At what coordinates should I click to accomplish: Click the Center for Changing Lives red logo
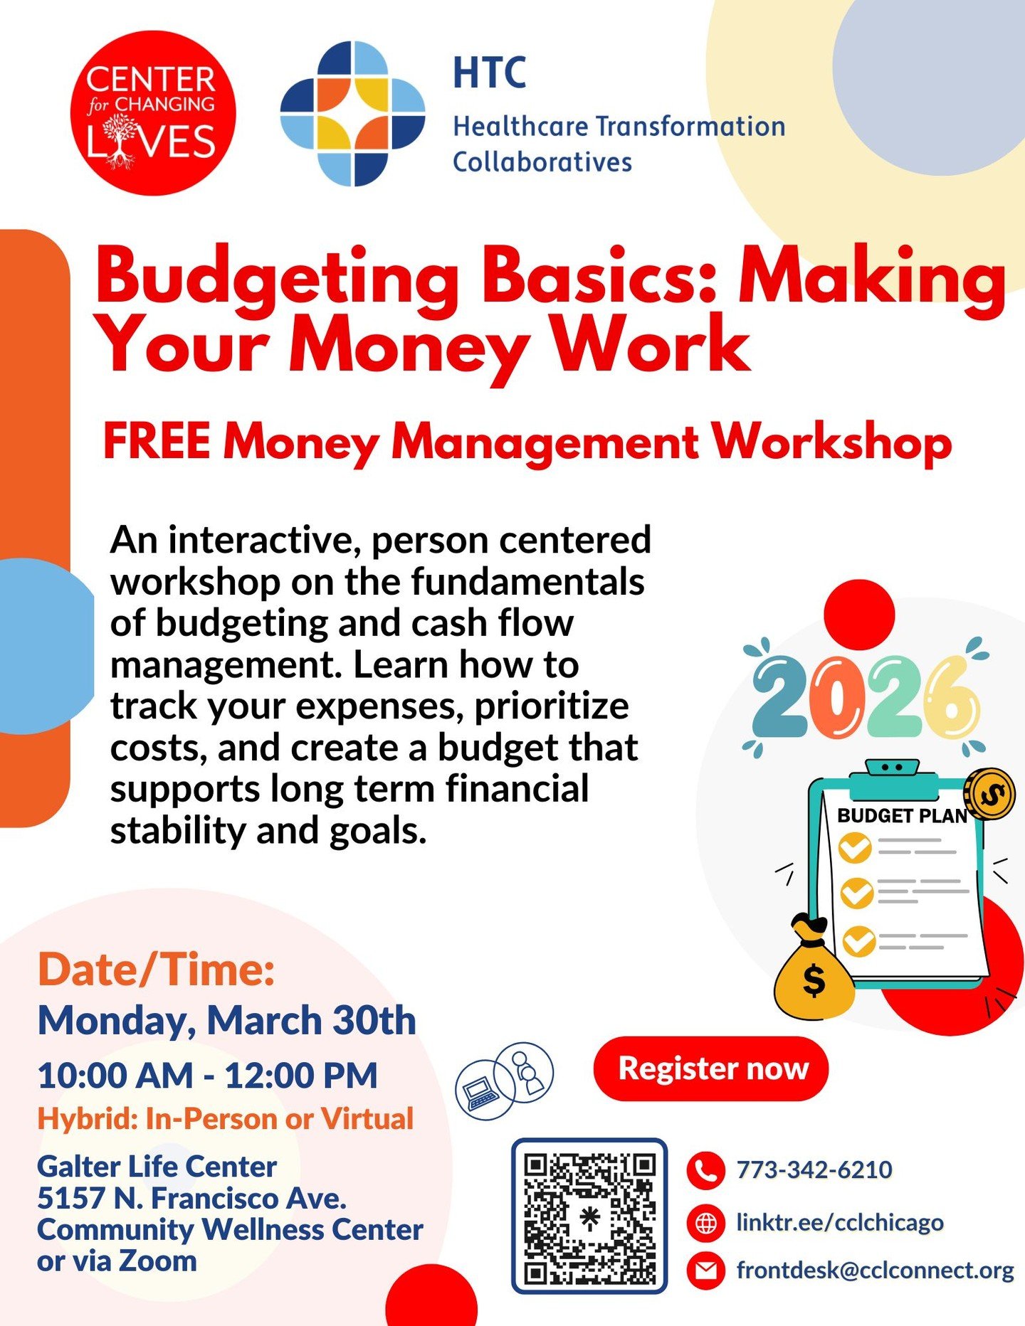(x=152, y=113)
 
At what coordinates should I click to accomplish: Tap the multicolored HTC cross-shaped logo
(x=352, y=113)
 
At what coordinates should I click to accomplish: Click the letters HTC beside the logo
(x=490, y=73)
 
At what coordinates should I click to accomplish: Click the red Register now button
(x=711, y=1068)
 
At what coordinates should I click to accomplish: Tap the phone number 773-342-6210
(x=814, y=1169)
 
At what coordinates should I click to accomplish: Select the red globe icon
(x=705, y=1223)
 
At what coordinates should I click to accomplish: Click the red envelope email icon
(x=705, y=1271)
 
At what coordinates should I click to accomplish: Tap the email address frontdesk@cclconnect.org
(x=875, y=1271)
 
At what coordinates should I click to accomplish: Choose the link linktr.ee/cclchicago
(x=839, y=1223)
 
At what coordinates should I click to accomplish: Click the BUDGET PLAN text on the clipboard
(x=902, y=816)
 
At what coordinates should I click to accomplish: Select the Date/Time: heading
(x=156, y=969)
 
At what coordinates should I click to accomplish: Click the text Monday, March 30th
(x=226, y=1021)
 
